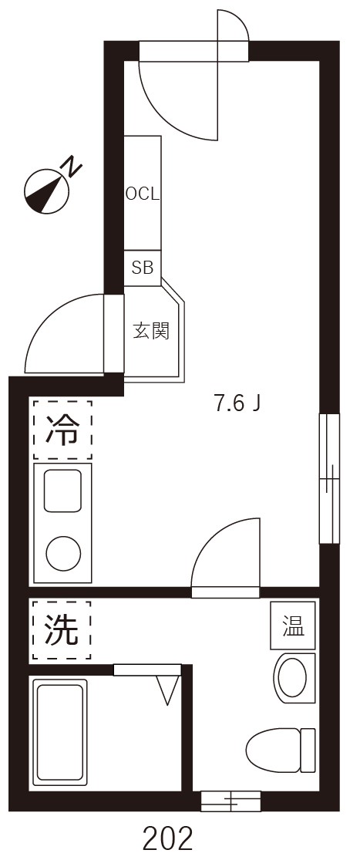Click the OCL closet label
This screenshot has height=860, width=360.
tap(143, 193)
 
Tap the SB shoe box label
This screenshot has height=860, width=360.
tap(143, 268)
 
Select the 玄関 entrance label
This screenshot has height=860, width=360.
tap(151, 332)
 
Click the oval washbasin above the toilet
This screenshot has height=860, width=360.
tap(294, 678)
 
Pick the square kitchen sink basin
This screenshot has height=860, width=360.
tap(62, 491)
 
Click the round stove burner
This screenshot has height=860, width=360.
tap(63, 553)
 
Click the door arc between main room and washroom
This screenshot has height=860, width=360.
tap(224, 555)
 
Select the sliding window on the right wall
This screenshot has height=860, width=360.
tap(329, 478)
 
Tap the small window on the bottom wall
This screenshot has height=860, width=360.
tap(230, 801)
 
